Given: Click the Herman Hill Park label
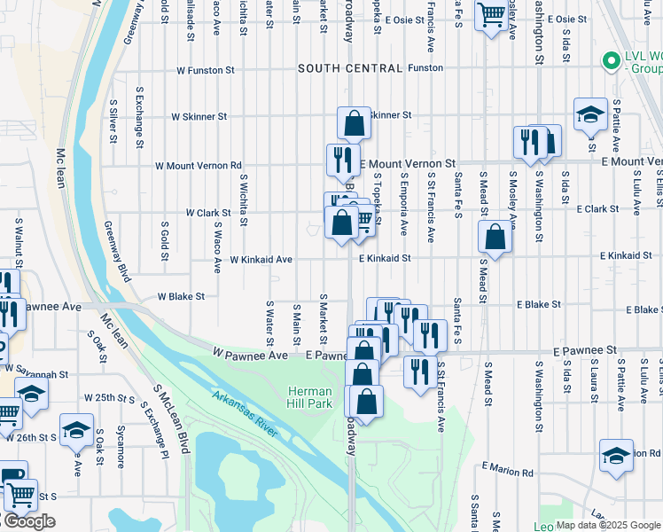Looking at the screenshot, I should (309, 397).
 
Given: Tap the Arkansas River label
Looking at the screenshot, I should (246, 414).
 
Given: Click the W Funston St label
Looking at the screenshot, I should (205, 68).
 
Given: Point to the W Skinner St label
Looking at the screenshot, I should (199, 116).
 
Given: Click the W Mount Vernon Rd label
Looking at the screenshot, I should (198, 165).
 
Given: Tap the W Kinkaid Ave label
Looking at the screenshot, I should (261, 260).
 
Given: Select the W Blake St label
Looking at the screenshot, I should (181, 297).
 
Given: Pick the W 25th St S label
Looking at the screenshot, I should (108, 397).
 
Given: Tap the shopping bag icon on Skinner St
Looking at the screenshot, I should (354, 122).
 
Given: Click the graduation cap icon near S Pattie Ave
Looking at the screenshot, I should (590, 114).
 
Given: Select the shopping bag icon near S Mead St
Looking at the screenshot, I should (495, 236).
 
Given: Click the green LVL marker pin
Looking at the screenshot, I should (610, 60).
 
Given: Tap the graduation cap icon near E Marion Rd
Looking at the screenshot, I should (616, 456).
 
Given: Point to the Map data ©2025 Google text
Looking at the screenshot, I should (608, 525).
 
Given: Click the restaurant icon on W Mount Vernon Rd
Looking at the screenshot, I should (343, 160).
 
